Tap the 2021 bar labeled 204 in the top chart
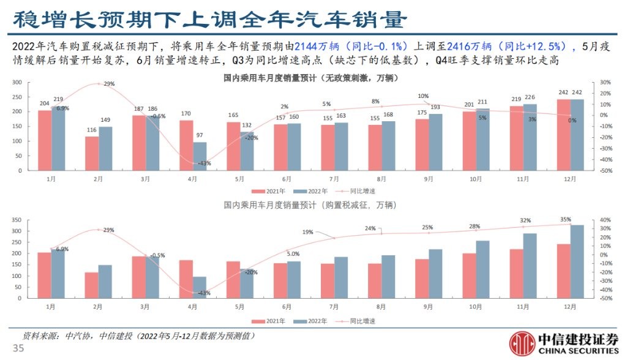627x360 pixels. pos(45,140)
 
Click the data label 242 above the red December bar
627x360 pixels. pos(563,93)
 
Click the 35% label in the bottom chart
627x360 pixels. pos(566,219)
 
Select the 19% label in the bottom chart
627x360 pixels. pos(307,232)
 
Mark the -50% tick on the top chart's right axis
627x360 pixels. pos(604,171)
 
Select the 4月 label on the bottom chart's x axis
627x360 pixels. pos(193,306)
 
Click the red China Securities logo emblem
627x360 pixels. pos(522,343)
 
